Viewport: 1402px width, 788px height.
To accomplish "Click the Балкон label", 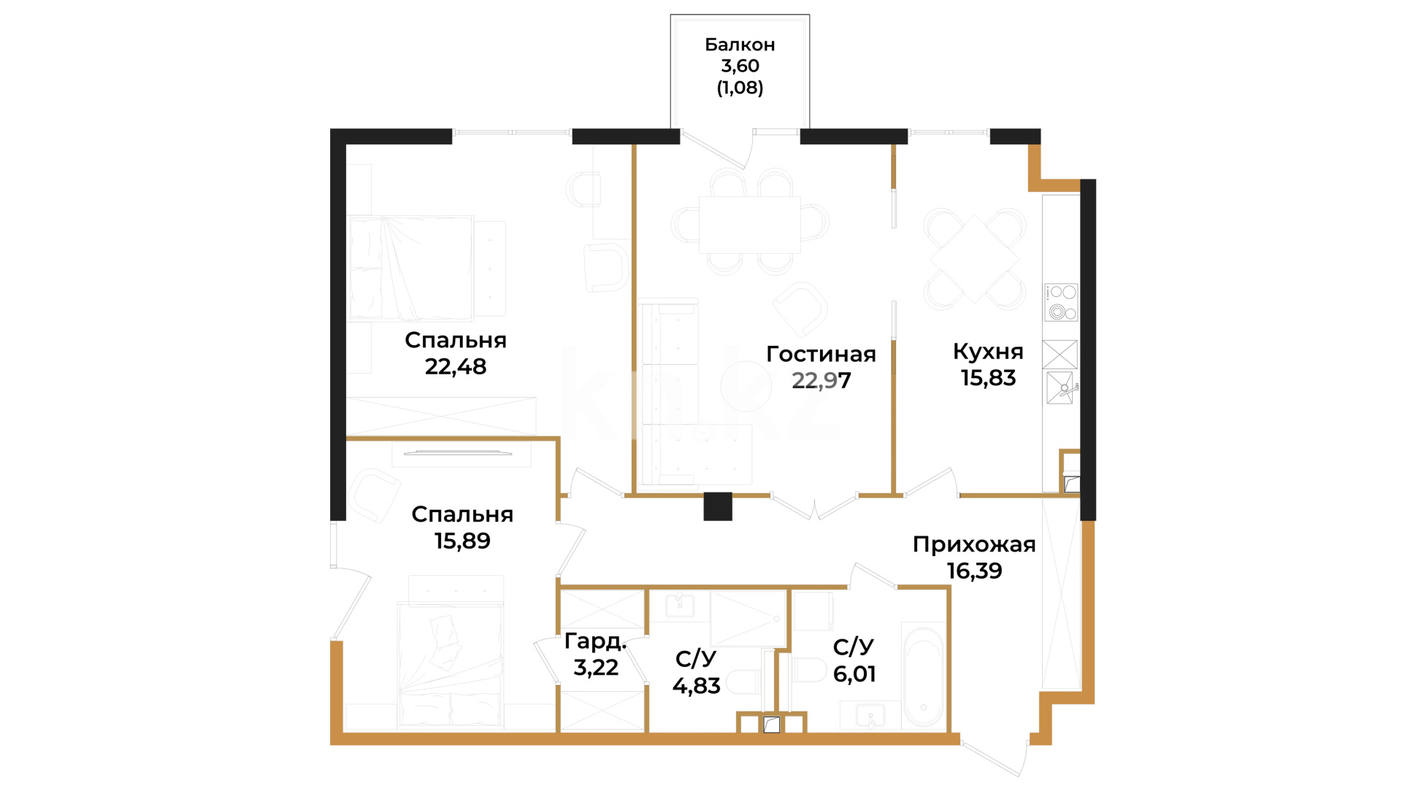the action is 740,45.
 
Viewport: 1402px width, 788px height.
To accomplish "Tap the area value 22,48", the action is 456,366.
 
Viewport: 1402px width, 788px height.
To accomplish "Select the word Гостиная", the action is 821,354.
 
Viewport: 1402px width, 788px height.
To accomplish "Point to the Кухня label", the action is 988,352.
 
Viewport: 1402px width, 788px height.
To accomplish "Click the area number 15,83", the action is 988,378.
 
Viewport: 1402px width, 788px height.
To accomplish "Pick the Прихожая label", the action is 974,544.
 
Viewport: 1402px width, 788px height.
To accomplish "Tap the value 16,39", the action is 974,571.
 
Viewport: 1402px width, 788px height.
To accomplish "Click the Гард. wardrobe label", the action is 596,642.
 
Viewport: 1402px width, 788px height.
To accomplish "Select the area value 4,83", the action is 696,686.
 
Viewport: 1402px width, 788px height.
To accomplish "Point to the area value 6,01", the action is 854,673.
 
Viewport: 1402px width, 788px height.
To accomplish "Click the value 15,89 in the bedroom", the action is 462,541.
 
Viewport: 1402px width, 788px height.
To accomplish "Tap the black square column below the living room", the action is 718,506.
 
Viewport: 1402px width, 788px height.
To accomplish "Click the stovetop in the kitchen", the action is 1061,302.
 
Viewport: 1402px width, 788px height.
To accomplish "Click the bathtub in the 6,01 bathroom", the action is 923,675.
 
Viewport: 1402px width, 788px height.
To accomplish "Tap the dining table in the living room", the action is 749,225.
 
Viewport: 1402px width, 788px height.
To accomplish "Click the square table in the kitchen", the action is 975,259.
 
